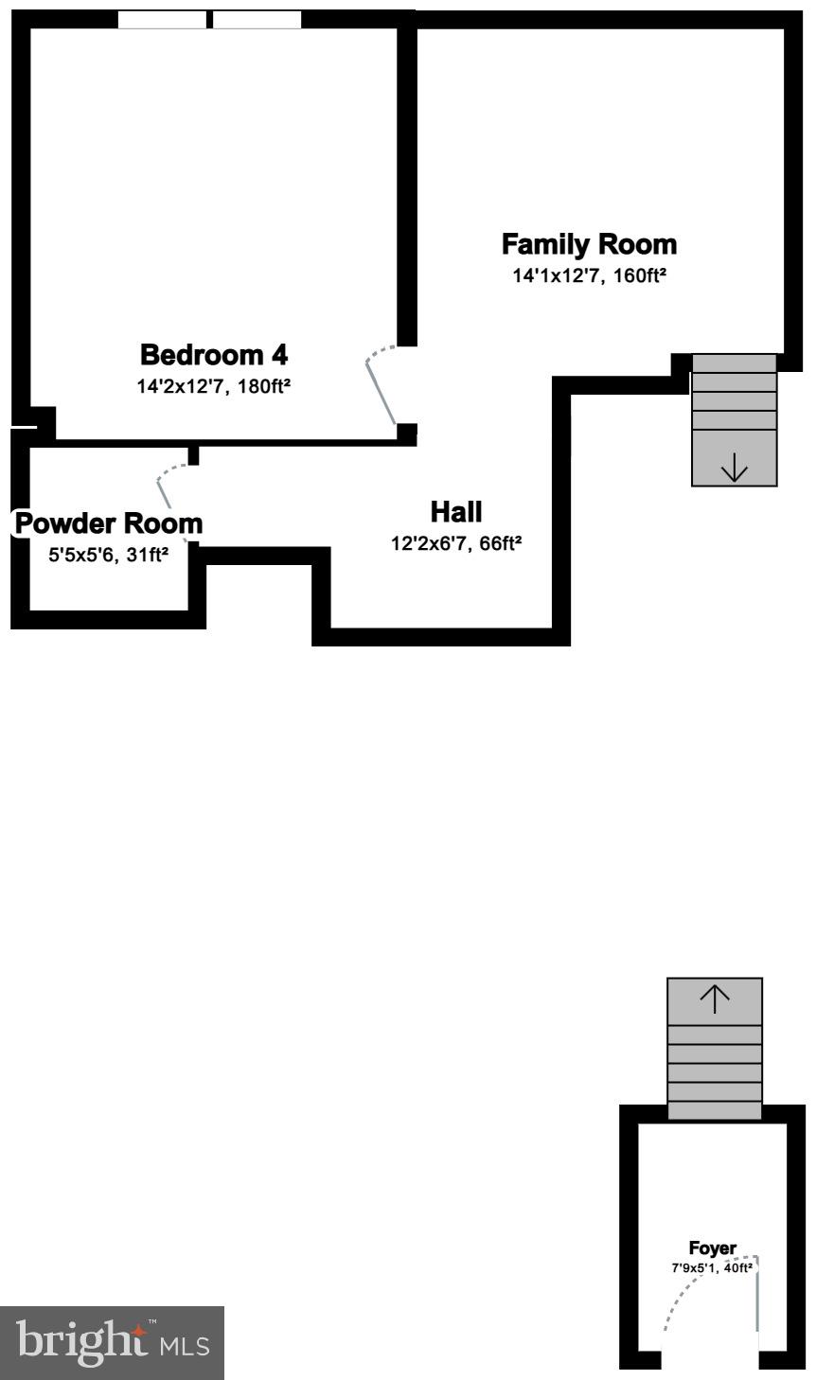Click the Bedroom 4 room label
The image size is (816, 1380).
point(214,355)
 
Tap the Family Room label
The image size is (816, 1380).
point(589,244)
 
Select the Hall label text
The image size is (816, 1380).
point(456,512)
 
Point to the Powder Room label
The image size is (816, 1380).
point(109,523)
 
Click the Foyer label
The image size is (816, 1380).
point(712,1248)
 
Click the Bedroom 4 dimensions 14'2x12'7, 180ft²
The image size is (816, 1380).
point(214,386)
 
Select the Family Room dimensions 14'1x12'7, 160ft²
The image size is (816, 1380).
point(589,276)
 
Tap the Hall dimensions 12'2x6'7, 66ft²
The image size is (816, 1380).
point(456,543)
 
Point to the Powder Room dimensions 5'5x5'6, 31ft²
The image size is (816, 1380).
point(109,556)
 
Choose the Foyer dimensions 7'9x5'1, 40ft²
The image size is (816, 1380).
point(712,1268)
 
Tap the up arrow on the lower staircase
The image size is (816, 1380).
point(715,999)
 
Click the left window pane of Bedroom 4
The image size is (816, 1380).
point(161,20)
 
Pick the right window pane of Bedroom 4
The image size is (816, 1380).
point(257,20)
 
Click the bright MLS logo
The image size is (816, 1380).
point(112,1342)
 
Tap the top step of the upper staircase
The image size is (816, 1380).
point(735,363)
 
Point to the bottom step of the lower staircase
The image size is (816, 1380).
point(715,1110)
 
